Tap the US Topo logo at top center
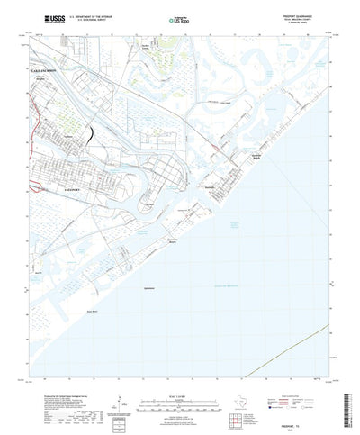pyautogui.click(x=178, y=18)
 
